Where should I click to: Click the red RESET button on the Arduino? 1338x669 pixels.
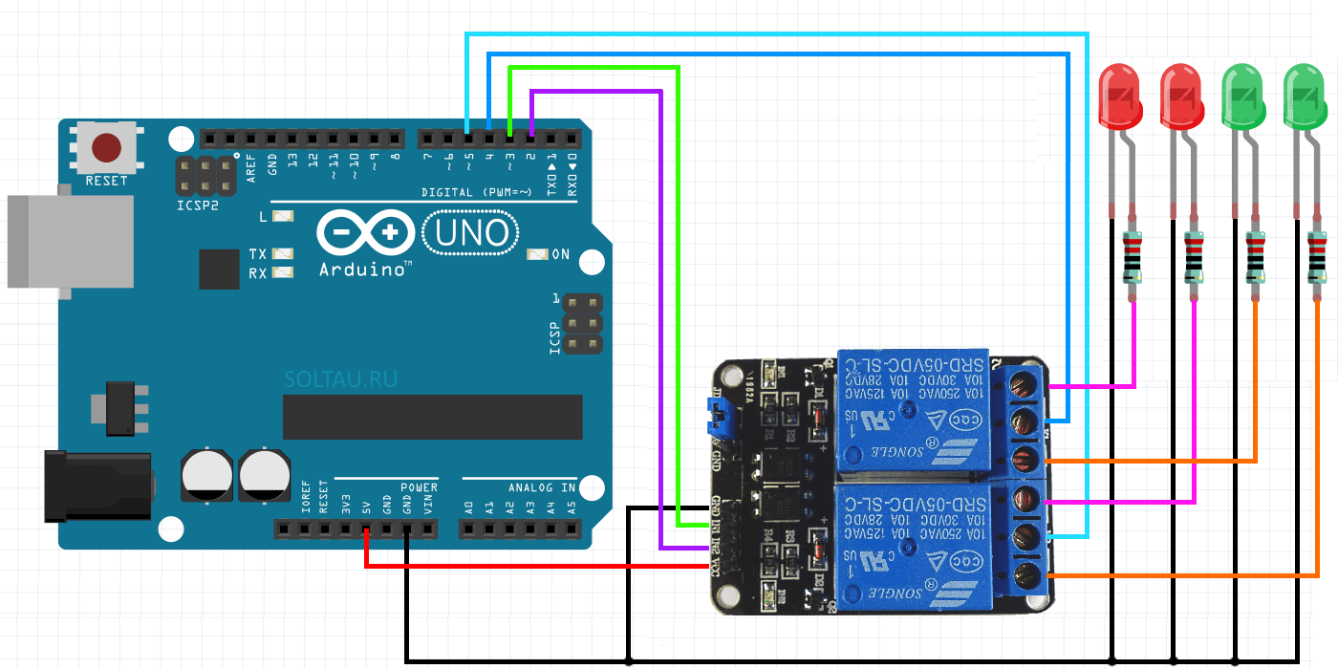(106, 148)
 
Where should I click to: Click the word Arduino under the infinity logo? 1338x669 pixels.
(365, 270)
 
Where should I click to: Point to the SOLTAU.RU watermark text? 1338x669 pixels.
(340, 379)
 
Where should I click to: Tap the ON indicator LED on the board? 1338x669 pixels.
(537, 254)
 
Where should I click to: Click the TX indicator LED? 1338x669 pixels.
(282, 254)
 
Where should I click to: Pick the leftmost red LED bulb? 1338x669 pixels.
(1119, 94)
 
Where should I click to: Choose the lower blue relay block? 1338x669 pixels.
(913, 546)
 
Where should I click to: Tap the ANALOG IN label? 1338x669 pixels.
(542, 487)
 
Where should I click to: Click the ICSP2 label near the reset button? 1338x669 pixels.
(197, 204)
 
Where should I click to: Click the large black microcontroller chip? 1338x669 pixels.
(432, 417)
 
